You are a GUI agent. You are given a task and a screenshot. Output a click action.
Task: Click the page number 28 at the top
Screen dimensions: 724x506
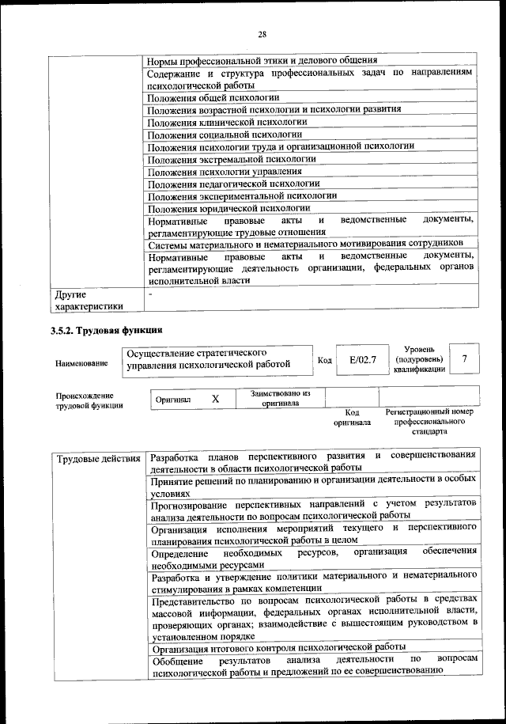coord(262,33)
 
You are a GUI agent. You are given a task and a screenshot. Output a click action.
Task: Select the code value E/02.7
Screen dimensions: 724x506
coord(363,360)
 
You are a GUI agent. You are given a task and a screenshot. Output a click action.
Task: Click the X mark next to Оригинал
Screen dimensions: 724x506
coord(215,400)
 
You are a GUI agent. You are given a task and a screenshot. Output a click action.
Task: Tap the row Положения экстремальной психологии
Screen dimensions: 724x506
coord(232,159)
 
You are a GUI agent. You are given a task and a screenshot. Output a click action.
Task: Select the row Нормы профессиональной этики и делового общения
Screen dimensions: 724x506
coord(262,60)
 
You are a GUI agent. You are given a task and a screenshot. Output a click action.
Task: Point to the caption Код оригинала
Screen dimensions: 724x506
coord(352,417)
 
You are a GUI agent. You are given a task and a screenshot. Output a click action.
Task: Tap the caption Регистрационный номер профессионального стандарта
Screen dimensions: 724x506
coord(429,422)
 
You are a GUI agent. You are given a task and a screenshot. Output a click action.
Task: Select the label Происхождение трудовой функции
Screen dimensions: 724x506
coord(85,400)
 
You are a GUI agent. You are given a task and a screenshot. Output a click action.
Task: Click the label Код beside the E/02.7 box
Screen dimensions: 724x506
coord(324,360)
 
